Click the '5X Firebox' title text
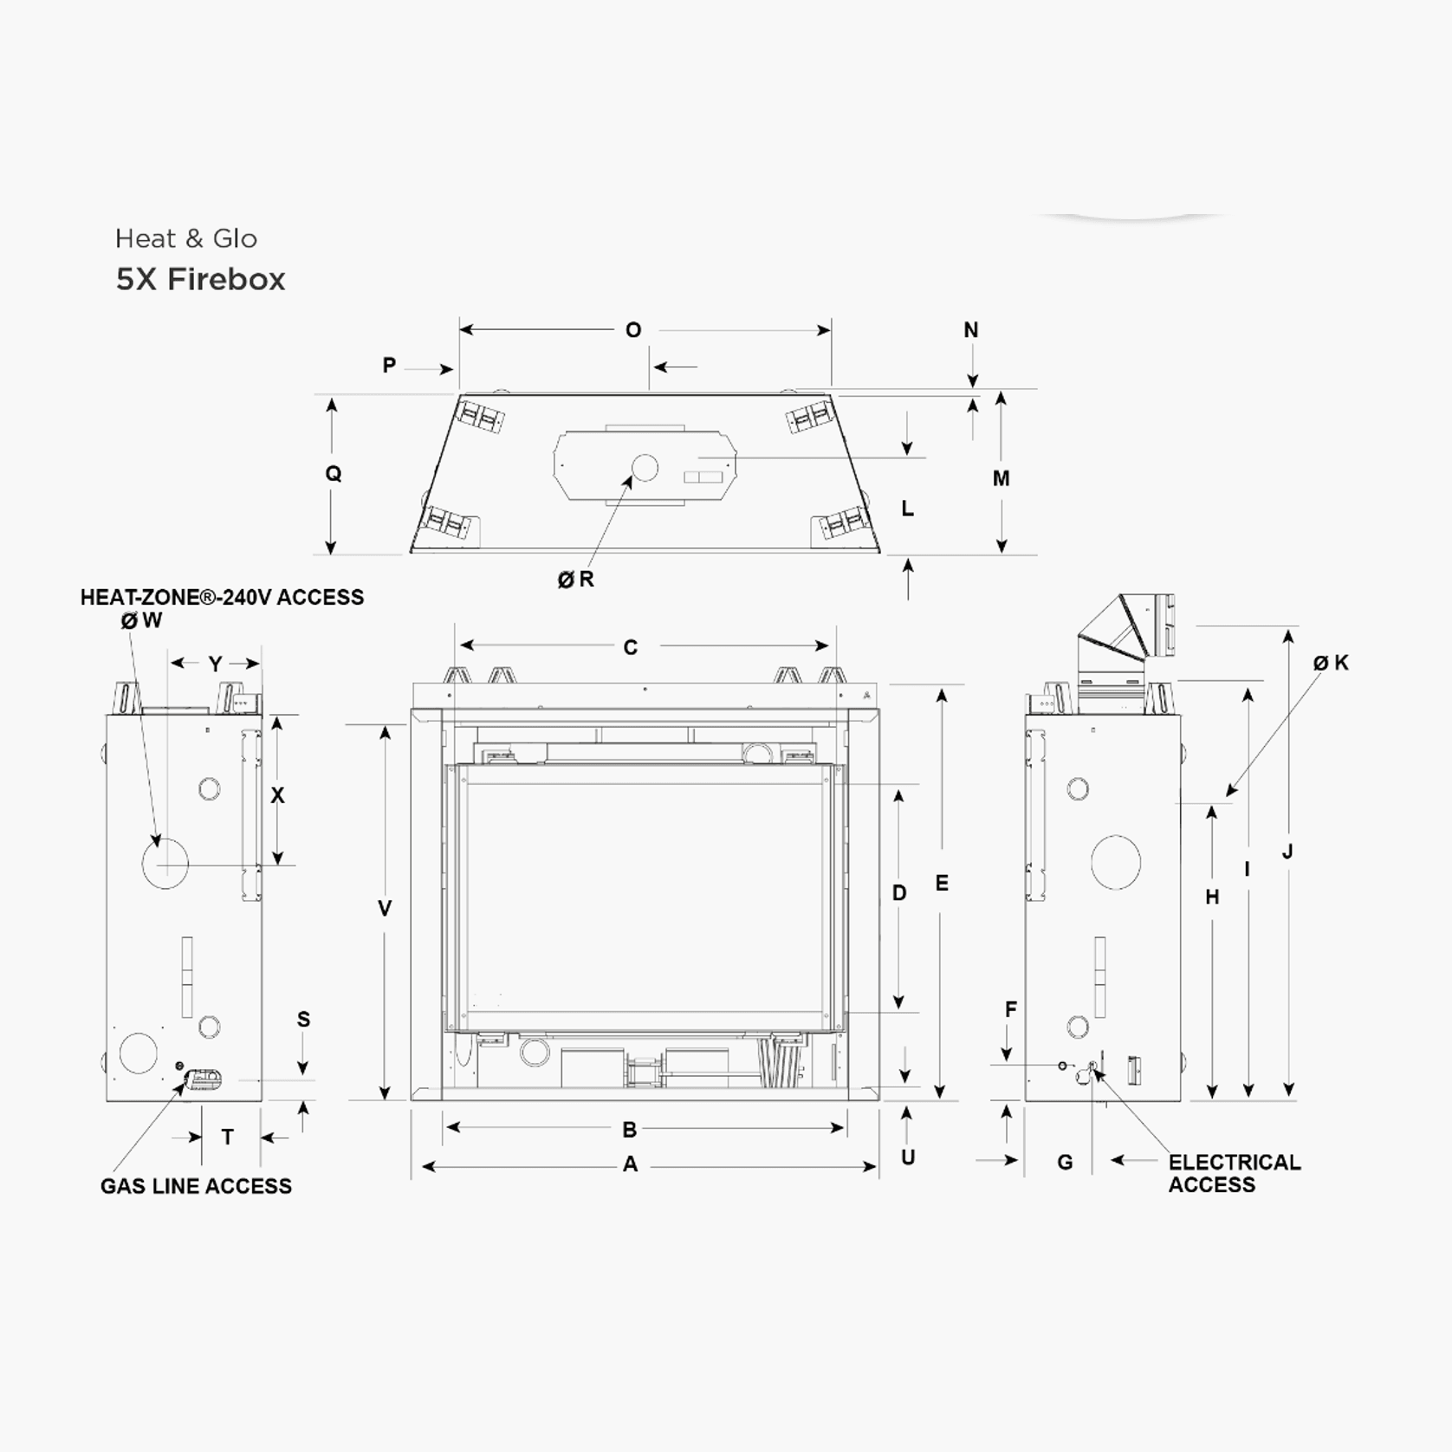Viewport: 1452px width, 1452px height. point(200,279)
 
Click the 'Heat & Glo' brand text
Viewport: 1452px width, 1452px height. point(186,238)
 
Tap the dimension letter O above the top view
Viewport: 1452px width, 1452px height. point(633,330)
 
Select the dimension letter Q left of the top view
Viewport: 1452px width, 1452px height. point(334,473)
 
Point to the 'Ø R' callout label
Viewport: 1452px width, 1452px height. point(576,579)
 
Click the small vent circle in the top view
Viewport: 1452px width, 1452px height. point(645,468)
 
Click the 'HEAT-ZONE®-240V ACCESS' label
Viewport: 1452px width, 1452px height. point(222,597)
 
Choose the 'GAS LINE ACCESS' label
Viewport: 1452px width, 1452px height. point(196,1186)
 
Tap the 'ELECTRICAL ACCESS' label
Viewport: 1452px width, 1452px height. point(1234,1173)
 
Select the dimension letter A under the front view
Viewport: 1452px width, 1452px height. point(631,1164)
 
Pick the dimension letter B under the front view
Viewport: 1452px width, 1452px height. point(630,1130)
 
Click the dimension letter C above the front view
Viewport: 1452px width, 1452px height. point(631,647)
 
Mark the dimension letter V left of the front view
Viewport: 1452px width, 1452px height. point(385,908)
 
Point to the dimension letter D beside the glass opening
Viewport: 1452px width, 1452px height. point(899,893)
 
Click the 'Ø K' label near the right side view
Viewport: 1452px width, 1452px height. point(1331,663)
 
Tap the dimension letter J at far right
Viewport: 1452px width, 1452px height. point(1287,852)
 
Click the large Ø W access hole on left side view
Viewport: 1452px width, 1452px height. point(165,863)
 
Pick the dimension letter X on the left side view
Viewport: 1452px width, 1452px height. point(277,794)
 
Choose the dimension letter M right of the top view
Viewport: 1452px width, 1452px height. point(1001,478)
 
